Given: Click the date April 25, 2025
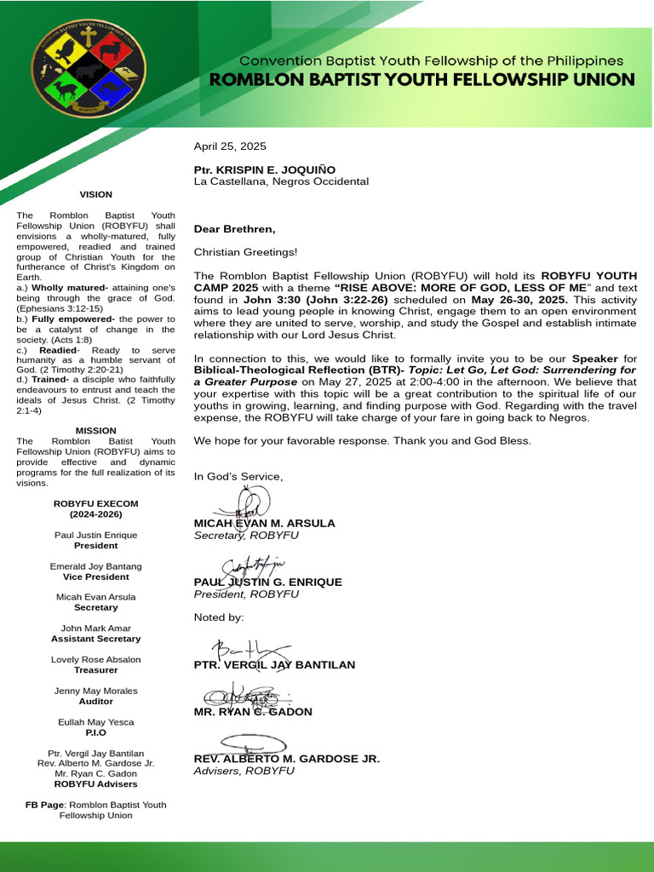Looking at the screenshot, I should [x=230, y=146].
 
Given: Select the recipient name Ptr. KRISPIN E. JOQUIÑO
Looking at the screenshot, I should [x=265, y=170].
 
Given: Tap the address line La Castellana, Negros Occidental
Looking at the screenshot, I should [x=281, y=181].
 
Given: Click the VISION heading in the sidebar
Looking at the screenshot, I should [x=95, y=194].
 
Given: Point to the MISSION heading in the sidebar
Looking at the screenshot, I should [x=95, y=431].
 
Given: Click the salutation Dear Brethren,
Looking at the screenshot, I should [x=234, y=229].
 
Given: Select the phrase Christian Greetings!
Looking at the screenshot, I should [x=246, y=252].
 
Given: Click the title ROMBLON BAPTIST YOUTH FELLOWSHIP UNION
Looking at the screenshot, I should [x=422, y=80].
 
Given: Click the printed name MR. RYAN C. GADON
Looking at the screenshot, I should [x=253, y=712].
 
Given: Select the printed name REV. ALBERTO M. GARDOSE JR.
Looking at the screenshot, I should [x=286, y=759].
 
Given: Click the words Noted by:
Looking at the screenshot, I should [x=219, y=617].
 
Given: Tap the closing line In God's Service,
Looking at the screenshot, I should [x=238, y=477].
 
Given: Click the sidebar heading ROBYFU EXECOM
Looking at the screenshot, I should [x=95, y=504].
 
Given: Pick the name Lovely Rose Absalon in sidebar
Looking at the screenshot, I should [x=95, y=660].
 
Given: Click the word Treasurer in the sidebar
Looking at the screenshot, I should [x=95, y=670].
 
